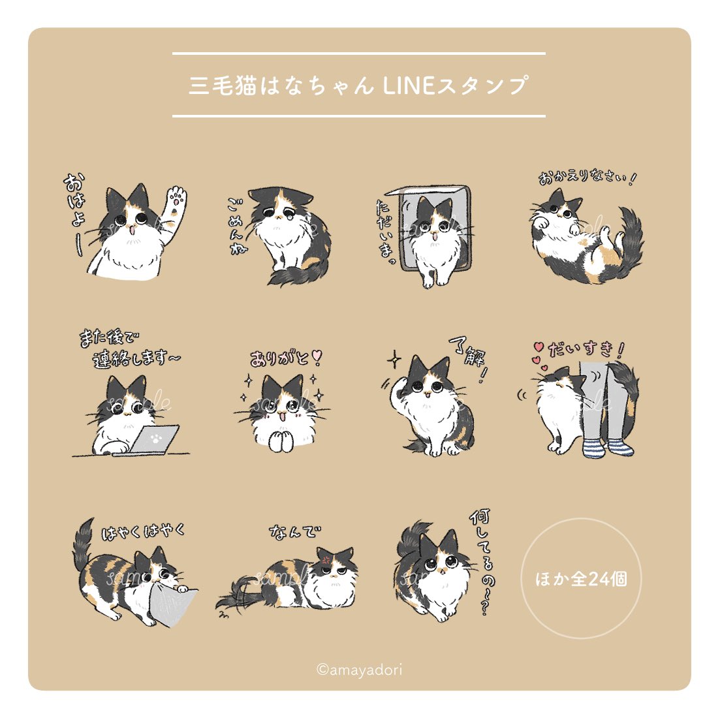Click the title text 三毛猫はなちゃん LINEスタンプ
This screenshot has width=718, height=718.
(x=358, y=86)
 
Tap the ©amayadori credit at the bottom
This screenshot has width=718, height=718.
(x=360, y=670)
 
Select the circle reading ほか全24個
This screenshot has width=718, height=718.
(x=581, y=578)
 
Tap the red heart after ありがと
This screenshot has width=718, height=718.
(x=317, y=356)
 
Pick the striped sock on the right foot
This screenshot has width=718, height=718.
(x=621, y=447)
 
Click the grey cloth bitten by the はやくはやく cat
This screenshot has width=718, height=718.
(x=176, y=604)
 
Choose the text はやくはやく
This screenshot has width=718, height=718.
(x=144, y=531)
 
